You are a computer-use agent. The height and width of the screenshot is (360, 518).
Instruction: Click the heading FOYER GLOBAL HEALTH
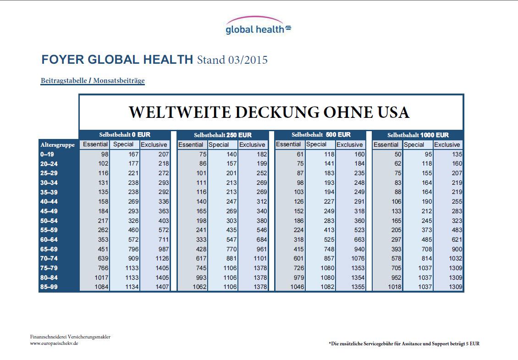click(117, 60)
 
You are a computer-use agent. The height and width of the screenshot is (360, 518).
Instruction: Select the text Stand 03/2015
click(232, 60)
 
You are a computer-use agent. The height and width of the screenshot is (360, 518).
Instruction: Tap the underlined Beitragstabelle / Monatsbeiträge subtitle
click(93, 81)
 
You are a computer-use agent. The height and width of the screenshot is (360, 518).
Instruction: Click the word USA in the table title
click(389, 112)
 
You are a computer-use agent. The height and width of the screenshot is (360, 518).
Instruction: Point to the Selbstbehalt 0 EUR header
click(125, 135)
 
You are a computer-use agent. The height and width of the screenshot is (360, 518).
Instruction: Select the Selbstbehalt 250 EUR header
click(222, 135)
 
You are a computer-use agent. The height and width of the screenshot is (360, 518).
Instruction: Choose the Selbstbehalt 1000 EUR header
click(418, 135)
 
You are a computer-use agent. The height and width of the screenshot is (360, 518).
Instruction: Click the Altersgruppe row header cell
click(58, 145)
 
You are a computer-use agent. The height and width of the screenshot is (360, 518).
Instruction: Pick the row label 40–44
click(49, 202)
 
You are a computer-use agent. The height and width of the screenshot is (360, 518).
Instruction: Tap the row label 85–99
click(49, 287)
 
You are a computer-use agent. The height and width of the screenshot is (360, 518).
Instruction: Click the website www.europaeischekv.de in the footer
click(54, 343)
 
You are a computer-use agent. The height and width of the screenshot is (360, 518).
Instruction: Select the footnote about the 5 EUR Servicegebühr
click(404, 343)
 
